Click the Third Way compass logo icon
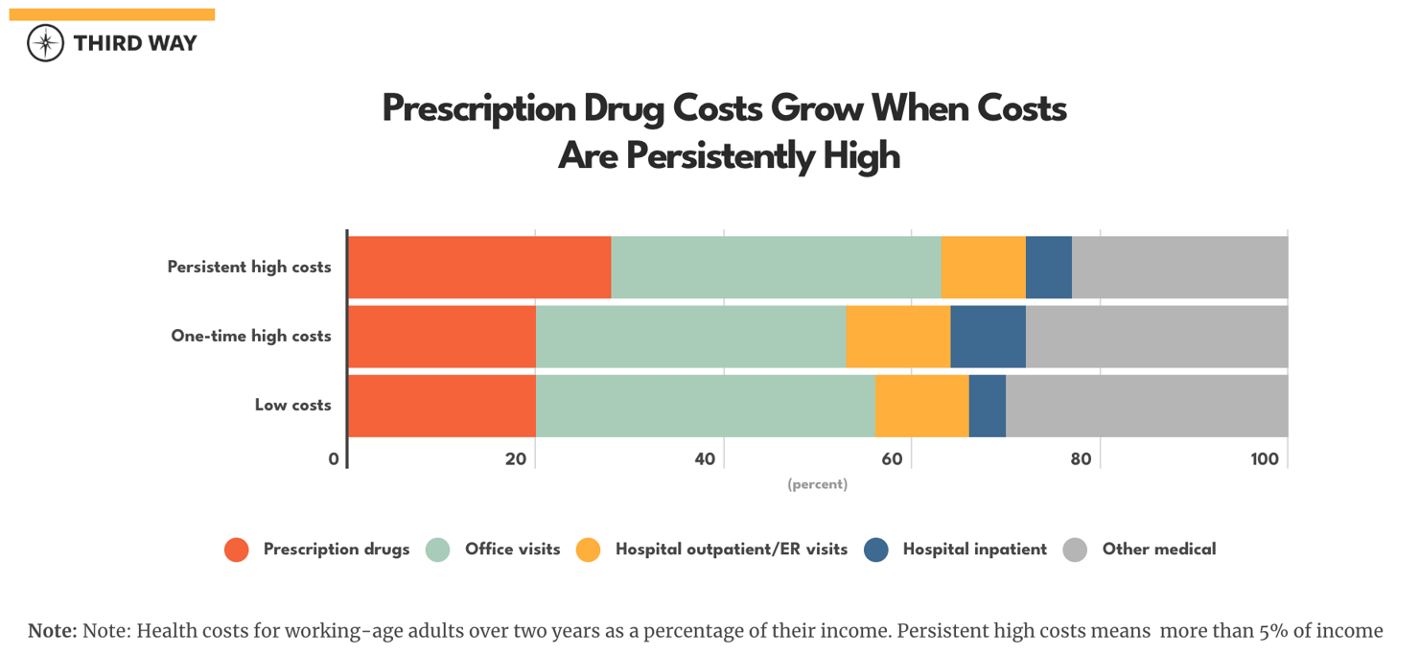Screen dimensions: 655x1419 tap(45, 43)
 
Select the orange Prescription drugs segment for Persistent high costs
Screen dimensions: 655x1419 tap(479, 267)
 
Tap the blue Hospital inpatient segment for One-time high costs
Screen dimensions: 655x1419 tap(988, 336)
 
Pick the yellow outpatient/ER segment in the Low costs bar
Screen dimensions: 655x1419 tap(921, 405)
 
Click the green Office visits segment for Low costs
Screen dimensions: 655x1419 tap(705, 405)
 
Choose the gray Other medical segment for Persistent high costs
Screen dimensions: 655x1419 tap(1179, 267)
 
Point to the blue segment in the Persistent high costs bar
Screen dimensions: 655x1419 tap(1048, 267)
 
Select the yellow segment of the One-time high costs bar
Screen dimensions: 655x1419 tap(897, 336)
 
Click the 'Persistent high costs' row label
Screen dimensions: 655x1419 tap(249, 267)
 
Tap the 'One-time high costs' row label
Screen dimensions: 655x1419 tap(251, 336)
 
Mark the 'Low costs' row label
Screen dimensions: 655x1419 tap(292, 405)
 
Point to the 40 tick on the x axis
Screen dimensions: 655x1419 tap(705, 459)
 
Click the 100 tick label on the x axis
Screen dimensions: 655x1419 tap(1264, 459)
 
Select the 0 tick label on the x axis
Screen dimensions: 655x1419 tap(334, 459)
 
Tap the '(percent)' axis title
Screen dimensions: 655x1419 tap(817, 484)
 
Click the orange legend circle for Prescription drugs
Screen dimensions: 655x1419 tap(236, 550)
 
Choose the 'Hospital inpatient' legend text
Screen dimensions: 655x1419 tap(974, 550)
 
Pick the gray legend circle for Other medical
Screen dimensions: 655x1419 tap(1075, 550)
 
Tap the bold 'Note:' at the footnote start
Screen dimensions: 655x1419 tap(52, 631)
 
